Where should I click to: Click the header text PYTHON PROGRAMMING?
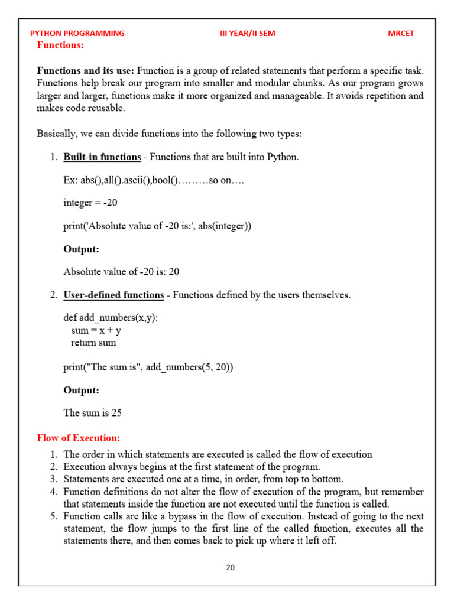77,33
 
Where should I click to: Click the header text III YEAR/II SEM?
247,33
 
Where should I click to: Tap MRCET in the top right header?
401,33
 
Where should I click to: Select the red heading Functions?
60,45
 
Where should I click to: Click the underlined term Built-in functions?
102,157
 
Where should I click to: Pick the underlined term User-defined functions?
113,295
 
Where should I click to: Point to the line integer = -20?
90,203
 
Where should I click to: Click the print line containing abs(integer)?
157,226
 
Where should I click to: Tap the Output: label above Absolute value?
81,249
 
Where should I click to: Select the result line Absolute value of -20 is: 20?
121,272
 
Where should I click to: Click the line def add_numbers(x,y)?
111,318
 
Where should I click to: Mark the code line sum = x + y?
96,331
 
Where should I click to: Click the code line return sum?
93,343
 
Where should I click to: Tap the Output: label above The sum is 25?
81,391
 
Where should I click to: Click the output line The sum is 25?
92,413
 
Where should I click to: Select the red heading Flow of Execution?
78,438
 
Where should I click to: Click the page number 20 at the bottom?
230,568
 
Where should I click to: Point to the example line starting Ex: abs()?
154,180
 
